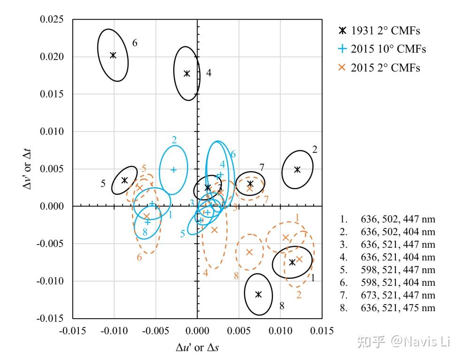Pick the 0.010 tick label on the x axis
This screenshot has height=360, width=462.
point(280,331)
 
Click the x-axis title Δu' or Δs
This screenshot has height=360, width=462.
point(197,348)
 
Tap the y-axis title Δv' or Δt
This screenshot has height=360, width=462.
point(28,169)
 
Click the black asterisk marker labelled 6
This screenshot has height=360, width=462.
point(113,55)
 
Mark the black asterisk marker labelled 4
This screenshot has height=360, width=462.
point(187,73)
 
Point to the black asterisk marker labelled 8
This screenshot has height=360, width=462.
point(258,294)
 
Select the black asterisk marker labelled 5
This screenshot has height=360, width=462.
point(124,180)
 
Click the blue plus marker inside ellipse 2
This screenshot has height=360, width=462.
point(173,169)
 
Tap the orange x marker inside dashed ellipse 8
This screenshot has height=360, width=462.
point(249,252)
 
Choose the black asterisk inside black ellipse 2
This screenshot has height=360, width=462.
point(297,169)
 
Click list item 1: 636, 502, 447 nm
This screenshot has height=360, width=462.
point(388,219)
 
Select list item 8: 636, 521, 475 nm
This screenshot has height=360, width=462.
point(388,308)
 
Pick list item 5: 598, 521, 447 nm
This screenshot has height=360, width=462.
point(388,270)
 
